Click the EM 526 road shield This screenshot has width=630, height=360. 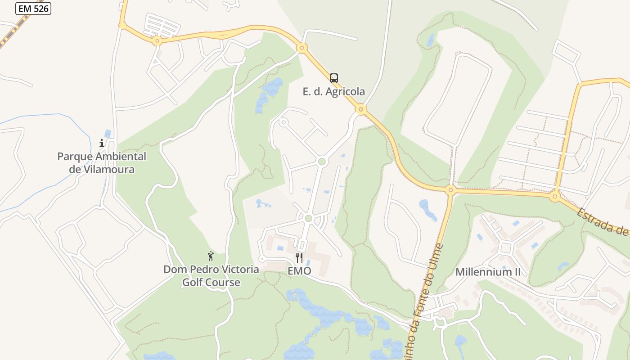(33, 8)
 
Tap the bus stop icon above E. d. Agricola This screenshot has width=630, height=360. (333, 78)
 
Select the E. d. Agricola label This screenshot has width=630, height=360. (333, 92)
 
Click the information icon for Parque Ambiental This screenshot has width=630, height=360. (102, 144)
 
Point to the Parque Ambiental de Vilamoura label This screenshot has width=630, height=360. (102, 163)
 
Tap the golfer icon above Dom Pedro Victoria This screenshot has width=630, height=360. (211, 256)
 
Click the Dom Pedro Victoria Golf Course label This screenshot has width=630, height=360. (211, 276)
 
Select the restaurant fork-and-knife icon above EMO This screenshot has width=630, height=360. (299, 257)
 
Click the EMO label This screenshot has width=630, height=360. (299, 271)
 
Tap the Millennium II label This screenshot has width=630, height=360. (488, 272)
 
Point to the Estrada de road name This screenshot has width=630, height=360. (603, 221)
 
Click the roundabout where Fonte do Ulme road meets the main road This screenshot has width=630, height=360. (450, 190)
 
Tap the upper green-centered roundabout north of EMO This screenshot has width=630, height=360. (321, 161)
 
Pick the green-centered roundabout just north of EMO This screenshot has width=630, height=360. (308, 219)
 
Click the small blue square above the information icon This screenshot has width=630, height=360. (107, 133)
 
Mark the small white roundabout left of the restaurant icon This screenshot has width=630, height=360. (262, 259)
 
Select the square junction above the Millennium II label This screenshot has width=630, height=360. (506, 247)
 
